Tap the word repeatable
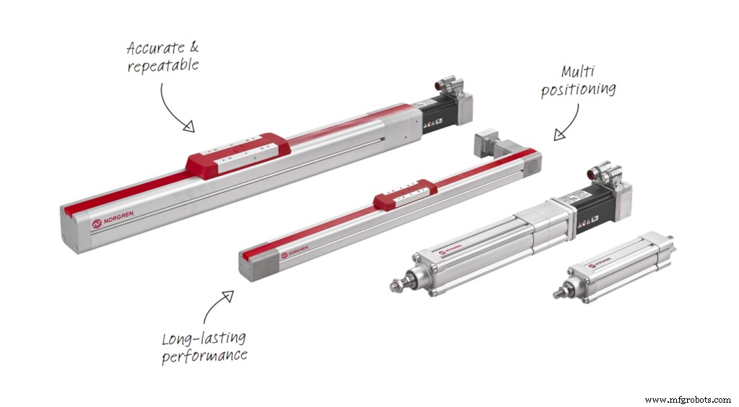point(163,65)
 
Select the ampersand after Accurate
point(193,48)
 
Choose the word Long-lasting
point(204,338)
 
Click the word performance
point(204,356)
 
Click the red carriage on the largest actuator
point(238,152)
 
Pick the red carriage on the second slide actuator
point(405,193)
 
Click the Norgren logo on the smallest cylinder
point(602,265)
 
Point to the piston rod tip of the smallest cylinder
point(559,294)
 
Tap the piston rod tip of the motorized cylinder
point(396,286)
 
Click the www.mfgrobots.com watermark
point(687,399)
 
